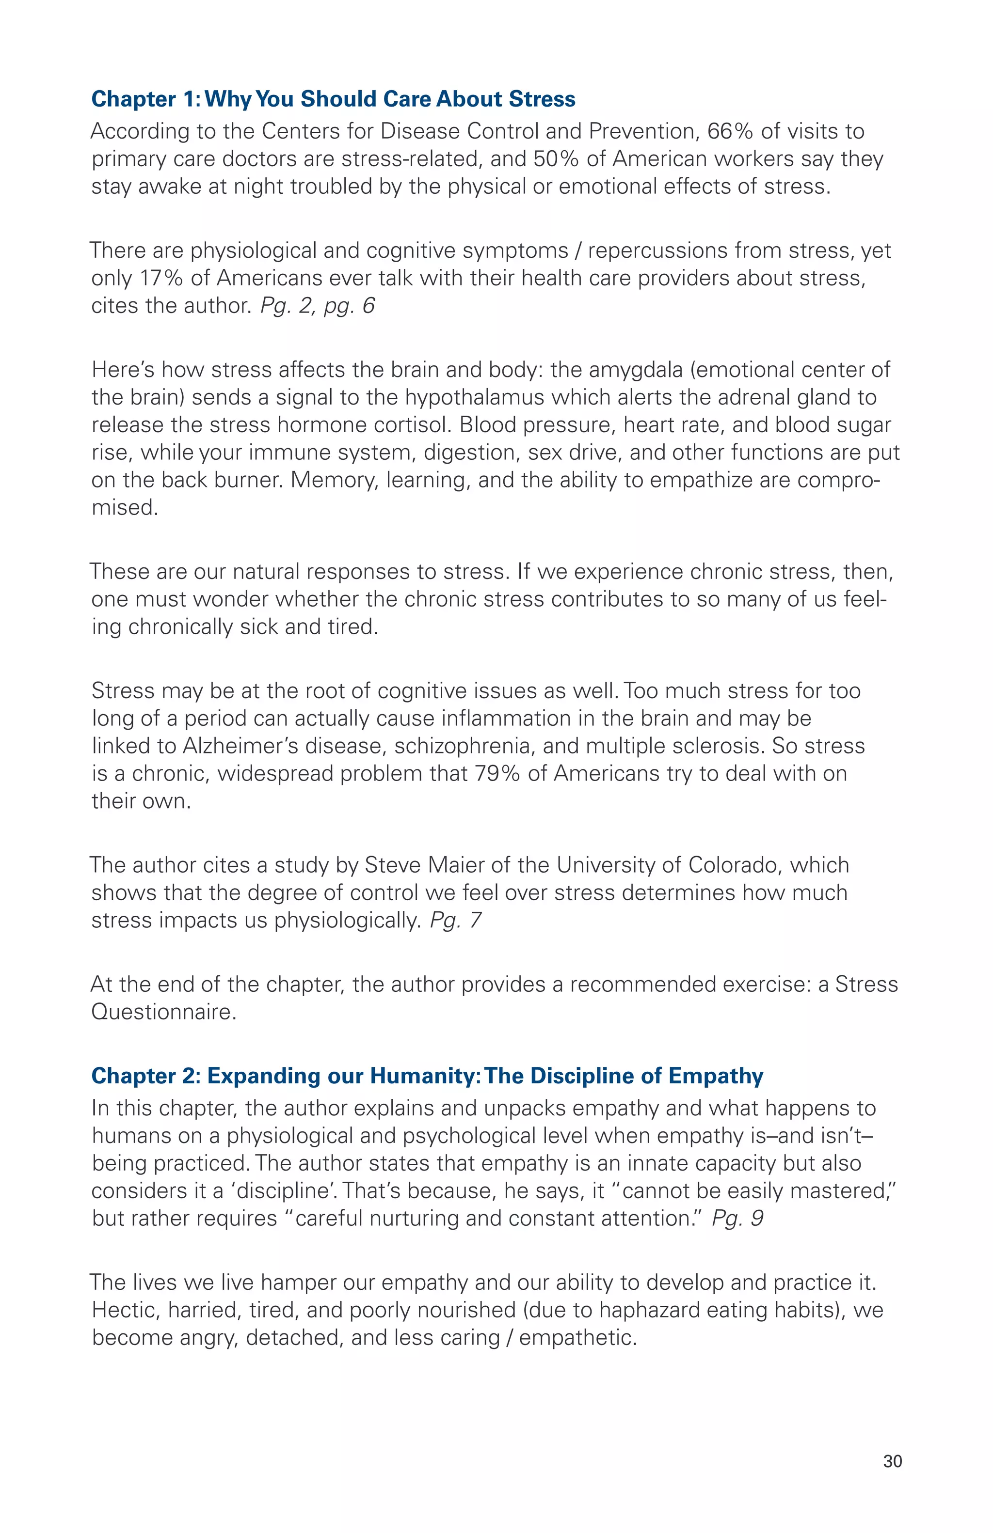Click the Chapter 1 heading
click(333, 99)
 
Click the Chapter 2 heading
click(427, 1076)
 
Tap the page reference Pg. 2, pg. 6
click(317, 306)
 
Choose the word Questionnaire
click(164, 1012)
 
